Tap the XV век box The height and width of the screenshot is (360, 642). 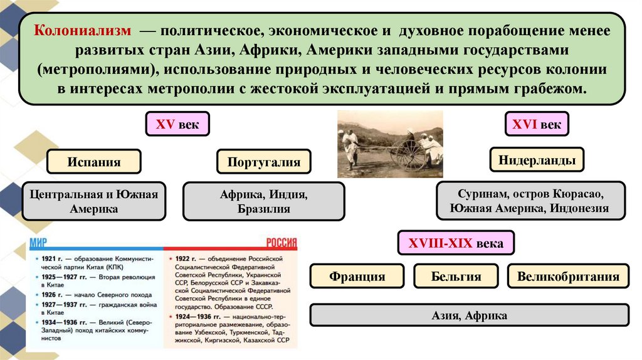tap(177, 125)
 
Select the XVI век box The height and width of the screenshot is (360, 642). tap(537, 124)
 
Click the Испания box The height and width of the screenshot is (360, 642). tap(94, 162)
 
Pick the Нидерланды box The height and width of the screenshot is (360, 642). tap(537, 161)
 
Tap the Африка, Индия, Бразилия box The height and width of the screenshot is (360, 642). tap(264, 201)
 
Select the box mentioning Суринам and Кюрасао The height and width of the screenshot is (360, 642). tap(532, 201)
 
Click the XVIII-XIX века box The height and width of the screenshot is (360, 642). tap(456, 243)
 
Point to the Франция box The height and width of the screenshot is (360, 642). tap(356, 276)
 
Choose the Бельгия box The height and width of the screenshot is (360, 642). tap(456, 276)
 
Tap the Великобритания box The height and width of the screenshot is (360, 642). tap(568, 276)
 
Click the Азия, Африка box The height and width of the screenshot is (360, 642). tap(470, 315)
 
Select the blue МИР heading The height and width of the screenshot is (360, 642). tap(36, 244)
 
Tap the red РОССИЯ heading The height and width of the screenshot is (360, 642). tap(280, 244)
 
